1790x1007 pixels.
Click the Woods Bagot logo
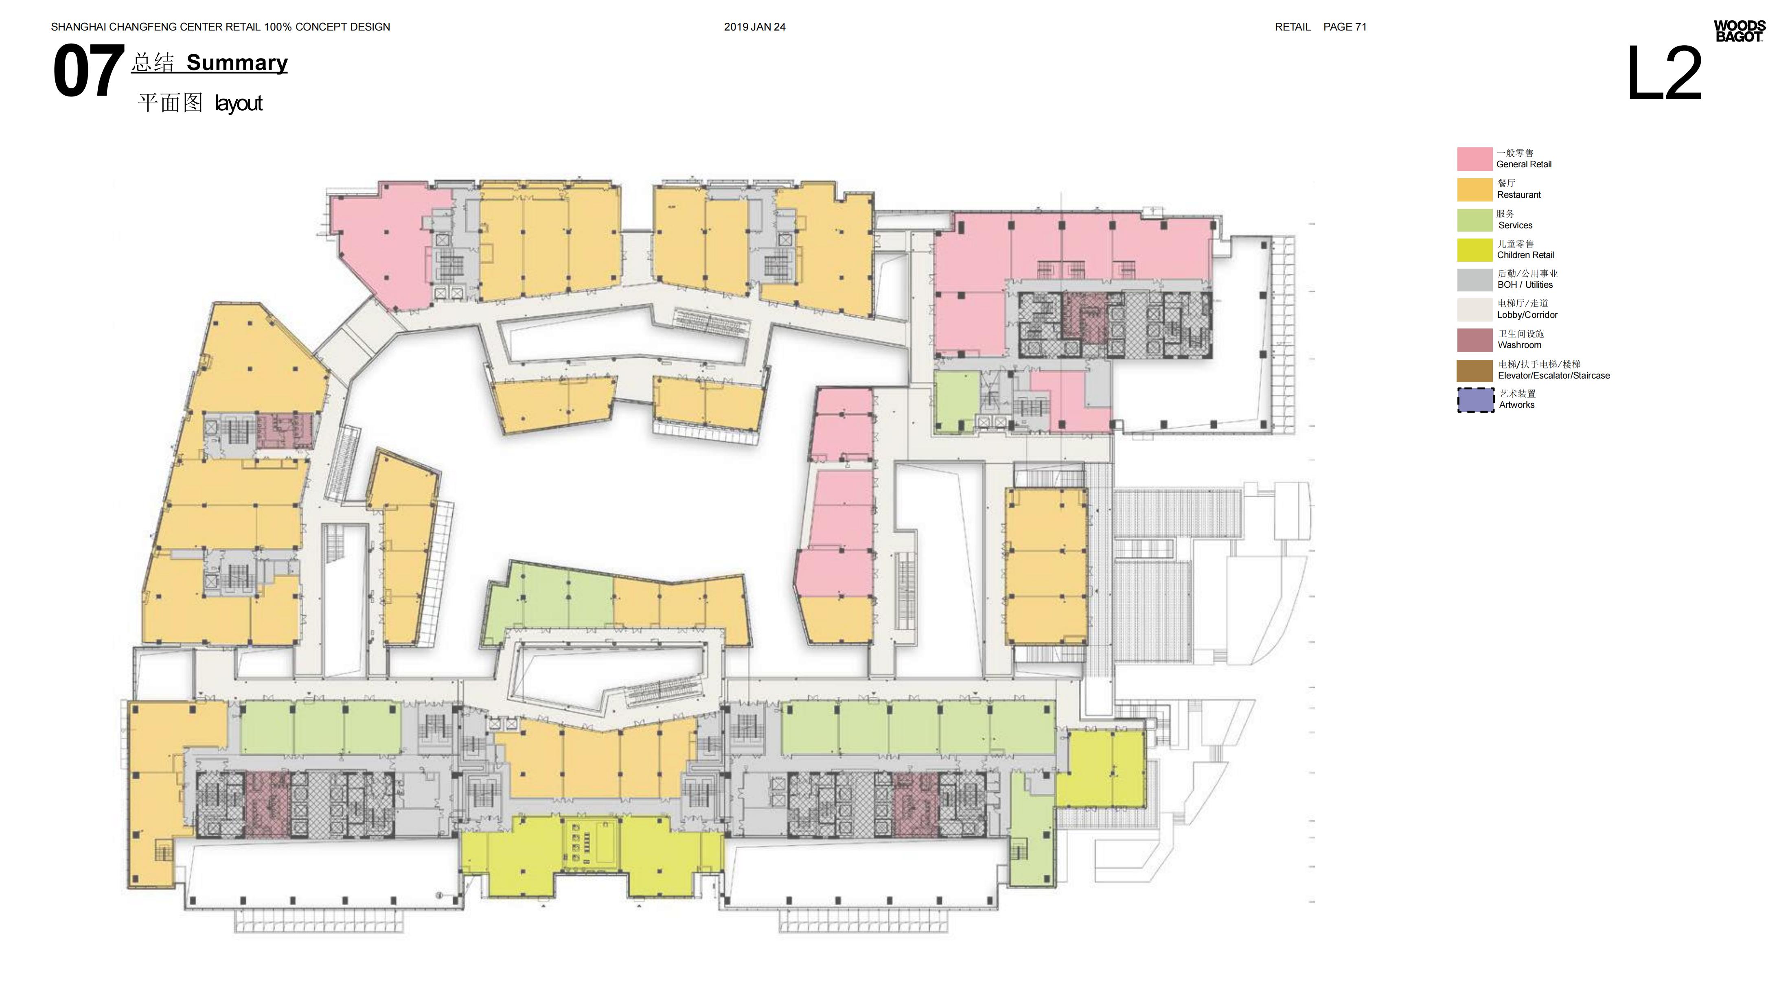tap(1739, 31)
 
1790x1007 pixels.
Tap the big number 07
tap(88, 71)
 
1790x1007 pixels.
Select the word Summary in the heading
tap(237, 63)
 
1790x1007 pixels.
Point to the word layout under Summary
tap(238, 103)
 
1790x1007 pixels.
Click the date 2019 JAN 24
tap(755, 27)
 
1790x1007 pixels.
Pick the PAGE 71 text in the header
tap(1345, 27)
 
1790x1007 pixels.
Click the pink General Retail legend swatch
tap(1475, 159)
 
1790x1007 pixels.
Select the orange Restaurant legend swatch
tap(1475, 190)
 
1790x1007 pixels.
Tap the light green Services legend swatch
tap(1475, 220)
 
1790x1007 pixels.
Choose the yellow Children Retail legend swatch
tap(1475, 250)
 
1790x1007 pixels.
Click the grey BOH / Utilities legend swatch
tap(1475, 280)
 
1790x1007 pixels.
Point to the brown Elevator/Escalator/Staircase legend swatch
tap(1475, 370)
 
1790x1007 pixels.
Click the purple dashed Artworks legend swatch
tap(1475, 400)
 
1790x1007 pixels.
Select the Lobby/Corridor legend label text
tap(1527, 315)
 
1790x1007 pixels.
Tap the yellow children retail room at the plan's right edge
tap(1101, 768)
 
